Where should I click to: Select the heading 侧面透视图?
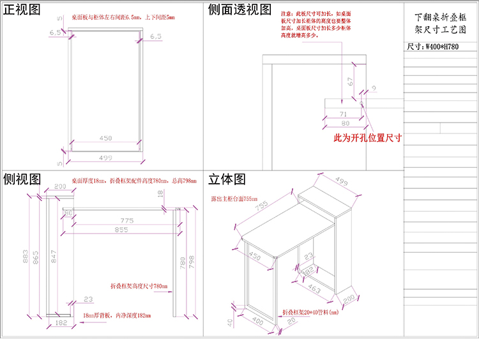pyautogui.click(x=240, y=10)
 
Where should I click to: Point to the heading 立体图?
pyautogui.click(x=227, y=179)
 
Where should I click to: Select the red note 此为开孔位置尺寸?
pyautogui.click(x=367, y=138)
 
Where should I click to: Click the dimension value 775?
pyautogui.click(x=126, y=220)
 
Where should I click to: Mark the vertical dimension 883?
pyautogui.click(x=26, y=255)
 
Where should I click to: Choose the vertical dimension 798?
pyautogui.click(x=190, y=262)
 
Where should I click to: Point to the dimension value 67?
pyautogui.click(x=350, y=82)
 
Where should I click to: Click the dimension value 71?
pyautogui.click(x=343, y=114)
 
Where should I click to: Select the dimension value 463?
pyautogui.click(x=314, y=290)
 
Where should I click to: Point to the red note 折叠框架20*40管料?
pyautogui.click(x=310, y=313)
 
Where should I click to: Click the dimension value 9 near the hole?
pyautogui.click(x=374, y=87)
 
